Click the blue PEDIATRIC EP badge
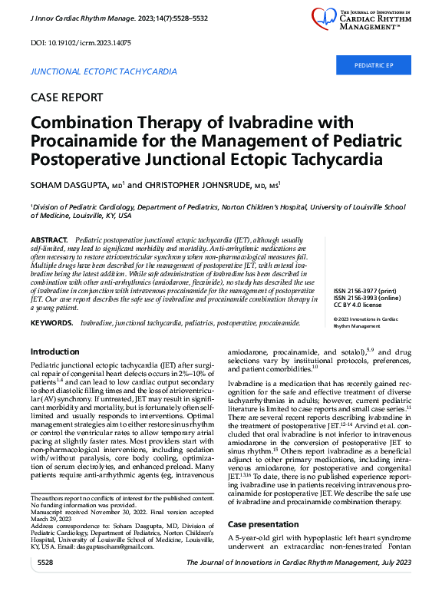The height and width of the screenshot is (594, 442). (373, 66)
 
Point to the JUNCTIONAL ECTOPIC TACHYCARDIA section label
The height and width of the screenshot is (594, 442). (103, 71)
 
